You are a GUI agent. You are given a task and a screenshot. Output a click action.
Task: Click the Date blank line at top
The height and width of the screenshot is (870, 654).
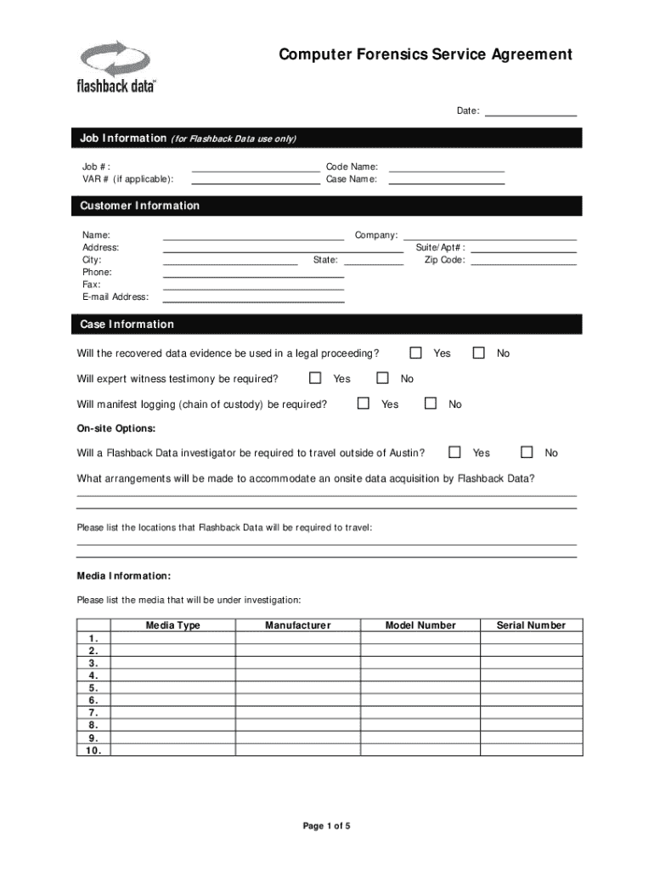(530, 110)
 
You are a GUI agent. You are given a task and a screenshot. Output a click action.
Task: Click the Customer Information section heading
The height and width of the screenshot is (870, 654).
(140, 206)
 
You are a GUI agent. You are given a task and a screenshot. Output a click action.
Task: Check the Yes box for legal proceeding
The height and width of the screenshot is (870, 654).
(416, 353)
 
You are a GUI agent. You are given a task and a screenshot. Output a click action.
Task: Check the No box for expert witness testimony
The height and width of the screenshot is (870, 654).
(382, 378)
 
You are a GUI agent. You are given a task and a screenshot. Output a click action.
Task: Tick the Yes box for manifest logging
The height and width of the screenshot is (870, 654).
(364, 404)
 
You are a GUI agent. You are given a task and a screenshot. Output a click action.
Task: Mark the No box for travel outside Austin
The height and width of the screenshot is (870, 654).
(527, 452)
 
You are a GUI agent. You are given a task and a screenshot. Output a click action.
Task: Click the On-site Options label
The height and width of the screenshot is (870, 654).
(116, 428)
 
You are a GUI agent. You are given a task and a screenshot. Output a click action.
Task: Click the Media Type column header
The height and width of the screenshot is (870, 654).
(173, 625)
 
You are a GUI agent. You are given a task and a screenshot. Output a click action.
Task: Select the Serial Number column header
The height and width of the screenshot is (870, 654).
(531, 625)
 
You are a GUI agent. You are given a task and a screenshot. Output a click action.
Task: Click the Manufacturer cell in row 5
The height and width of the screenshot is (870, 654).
(297, 688)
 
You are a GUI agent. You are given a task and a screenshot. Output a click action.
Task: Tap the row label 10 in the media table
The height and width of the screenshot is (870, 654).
(93, 750)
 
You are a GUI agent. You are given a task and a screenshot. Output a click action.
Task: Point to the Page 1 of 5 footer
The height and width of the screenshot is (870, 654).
(327, 826)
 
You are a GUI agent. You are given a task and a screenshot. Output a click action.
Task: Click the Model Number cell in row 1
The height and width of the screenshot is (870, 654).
(420, 638)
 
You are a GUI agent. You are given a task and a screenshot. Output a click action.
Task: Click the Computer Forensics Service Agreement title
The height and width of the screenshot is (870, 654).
(426, 55)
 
